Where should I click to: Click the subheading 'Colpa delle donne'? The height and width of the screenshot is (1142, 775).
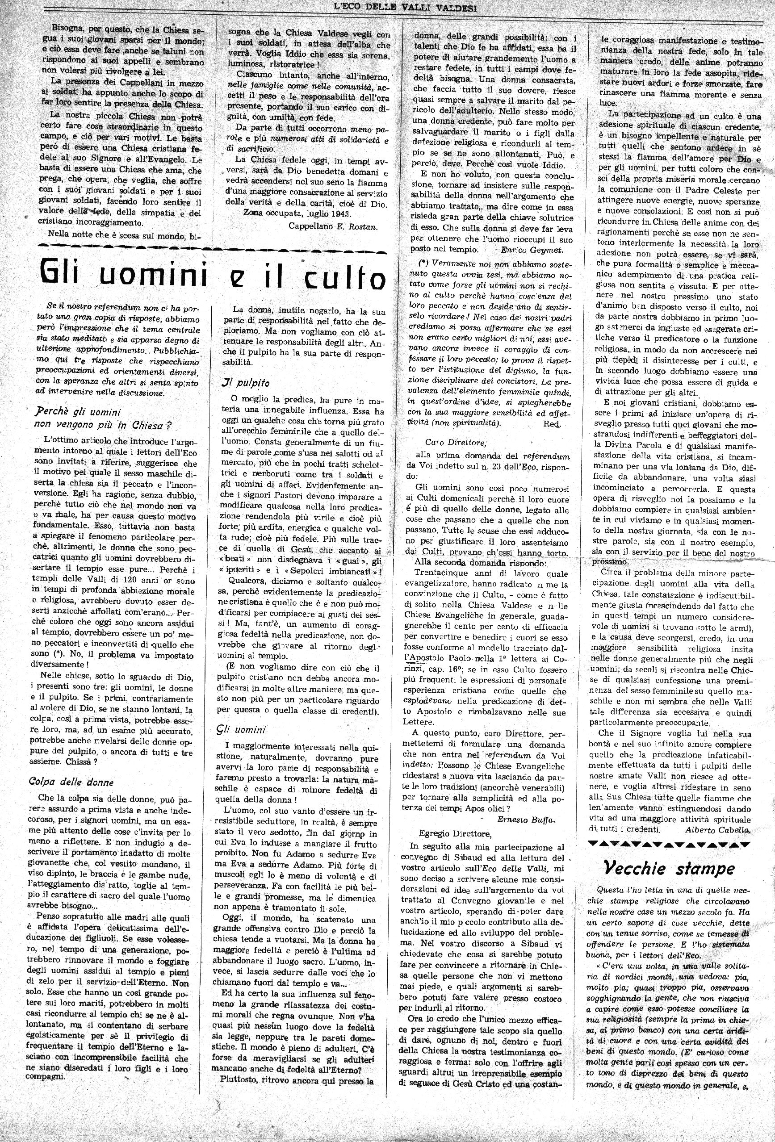pyautogui.click(x=71, y=782)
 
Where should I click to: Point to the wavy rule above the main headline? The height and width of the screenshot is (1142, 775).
pyautogui.click(x=212, y=244)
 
